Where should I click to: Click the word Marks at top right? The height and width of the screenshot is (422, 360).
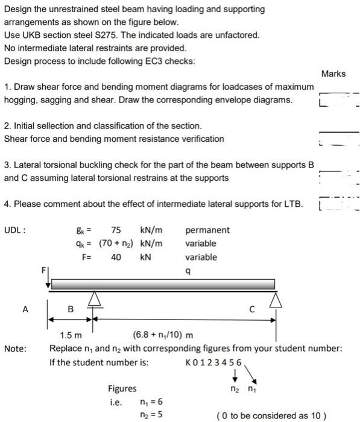[333, 74]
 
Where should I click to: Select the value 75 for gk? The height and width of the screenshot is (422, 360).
[115, 230]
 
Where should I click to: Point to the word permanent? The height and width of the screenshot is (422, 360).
[207, 230]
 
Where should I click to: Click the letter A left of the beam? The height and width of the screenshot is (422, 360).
[25, 309]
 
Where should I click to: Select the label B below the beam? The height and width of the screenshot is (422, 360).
[70, 309]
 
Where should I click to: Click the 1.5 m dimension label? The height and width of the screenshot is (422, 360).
[71, 336]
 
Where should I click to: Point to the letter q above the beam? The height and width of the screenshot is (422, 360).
[189, 271]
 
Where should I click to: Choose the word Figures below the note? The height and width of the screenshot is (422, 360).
[122, 389]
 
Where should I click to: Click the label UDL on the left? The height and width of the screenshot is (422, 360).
[14, 230]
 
